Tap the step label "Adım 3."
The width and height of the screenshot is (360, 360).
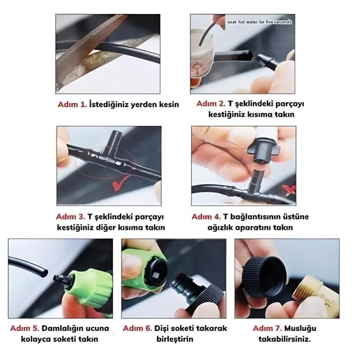click(71, 216)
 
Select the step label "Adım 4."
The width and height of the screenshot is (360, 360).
click(206, 216)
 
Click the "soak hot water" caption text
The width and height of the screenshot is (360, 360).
click(259, 21)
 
